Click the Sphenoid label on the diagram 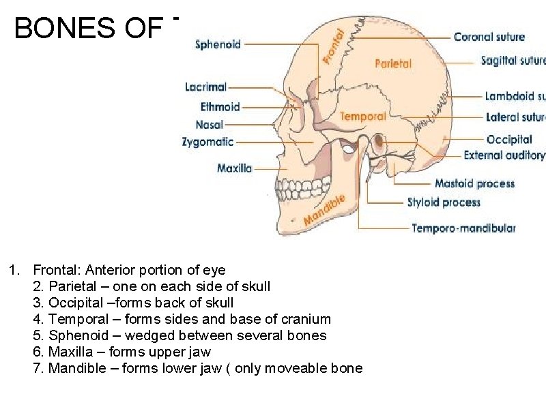click(x=218, y=45)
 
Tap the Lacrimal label click(x=205, y=87)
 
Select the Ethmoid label click(x=220, y=106)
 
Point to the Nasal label click(x=209, y=125)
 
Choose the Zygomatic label click(x=207, y=142)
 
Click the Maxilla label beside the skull click(x=234, y=168)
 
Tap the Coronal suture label click(x=489, y=37)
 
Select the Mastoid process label click(x=474, y=183)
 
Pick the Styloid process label click(x=444, y=202)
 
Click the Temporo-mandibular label click(x=463, y=228)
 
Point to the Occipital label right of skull click(x=509, y=140)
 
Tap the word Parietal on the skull click(x=393, y=63)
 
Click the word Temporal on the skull click(x=362, y=117)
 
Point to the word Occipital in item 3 click(x=76, y=303)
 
